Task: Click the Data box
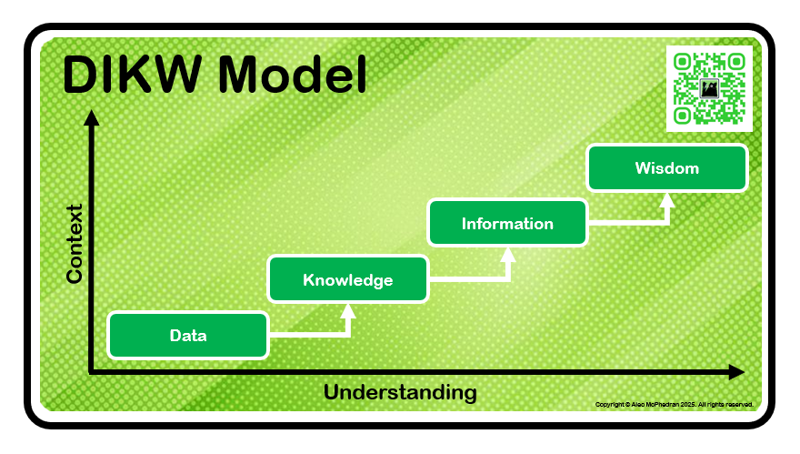(x=188, y=336)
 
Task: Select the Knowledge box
(x=347, y=279)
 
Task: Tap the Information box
(x=507, y=224)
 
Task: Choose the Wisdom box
(x=667, y=168)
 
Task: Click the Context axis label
(x=75, y=243)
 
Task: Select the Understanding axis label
(x=400, y=393)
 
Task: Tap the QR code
(x=709, y=88)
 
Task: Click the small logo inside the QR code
(x=709, y=88)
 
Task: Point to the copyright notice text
(x=674, y=404)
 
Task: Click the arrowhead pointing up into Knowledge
(x=348, y=311)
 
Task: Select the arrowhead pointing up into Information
(x=508, y=255)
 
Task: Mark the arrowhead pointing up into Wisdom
(x=668, y=199)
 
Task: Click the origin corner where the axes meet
(x=92, y=371)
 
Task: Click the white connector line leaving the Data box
(x=309, y=336)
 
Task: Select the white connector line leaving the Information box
(x=627, y=224)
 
